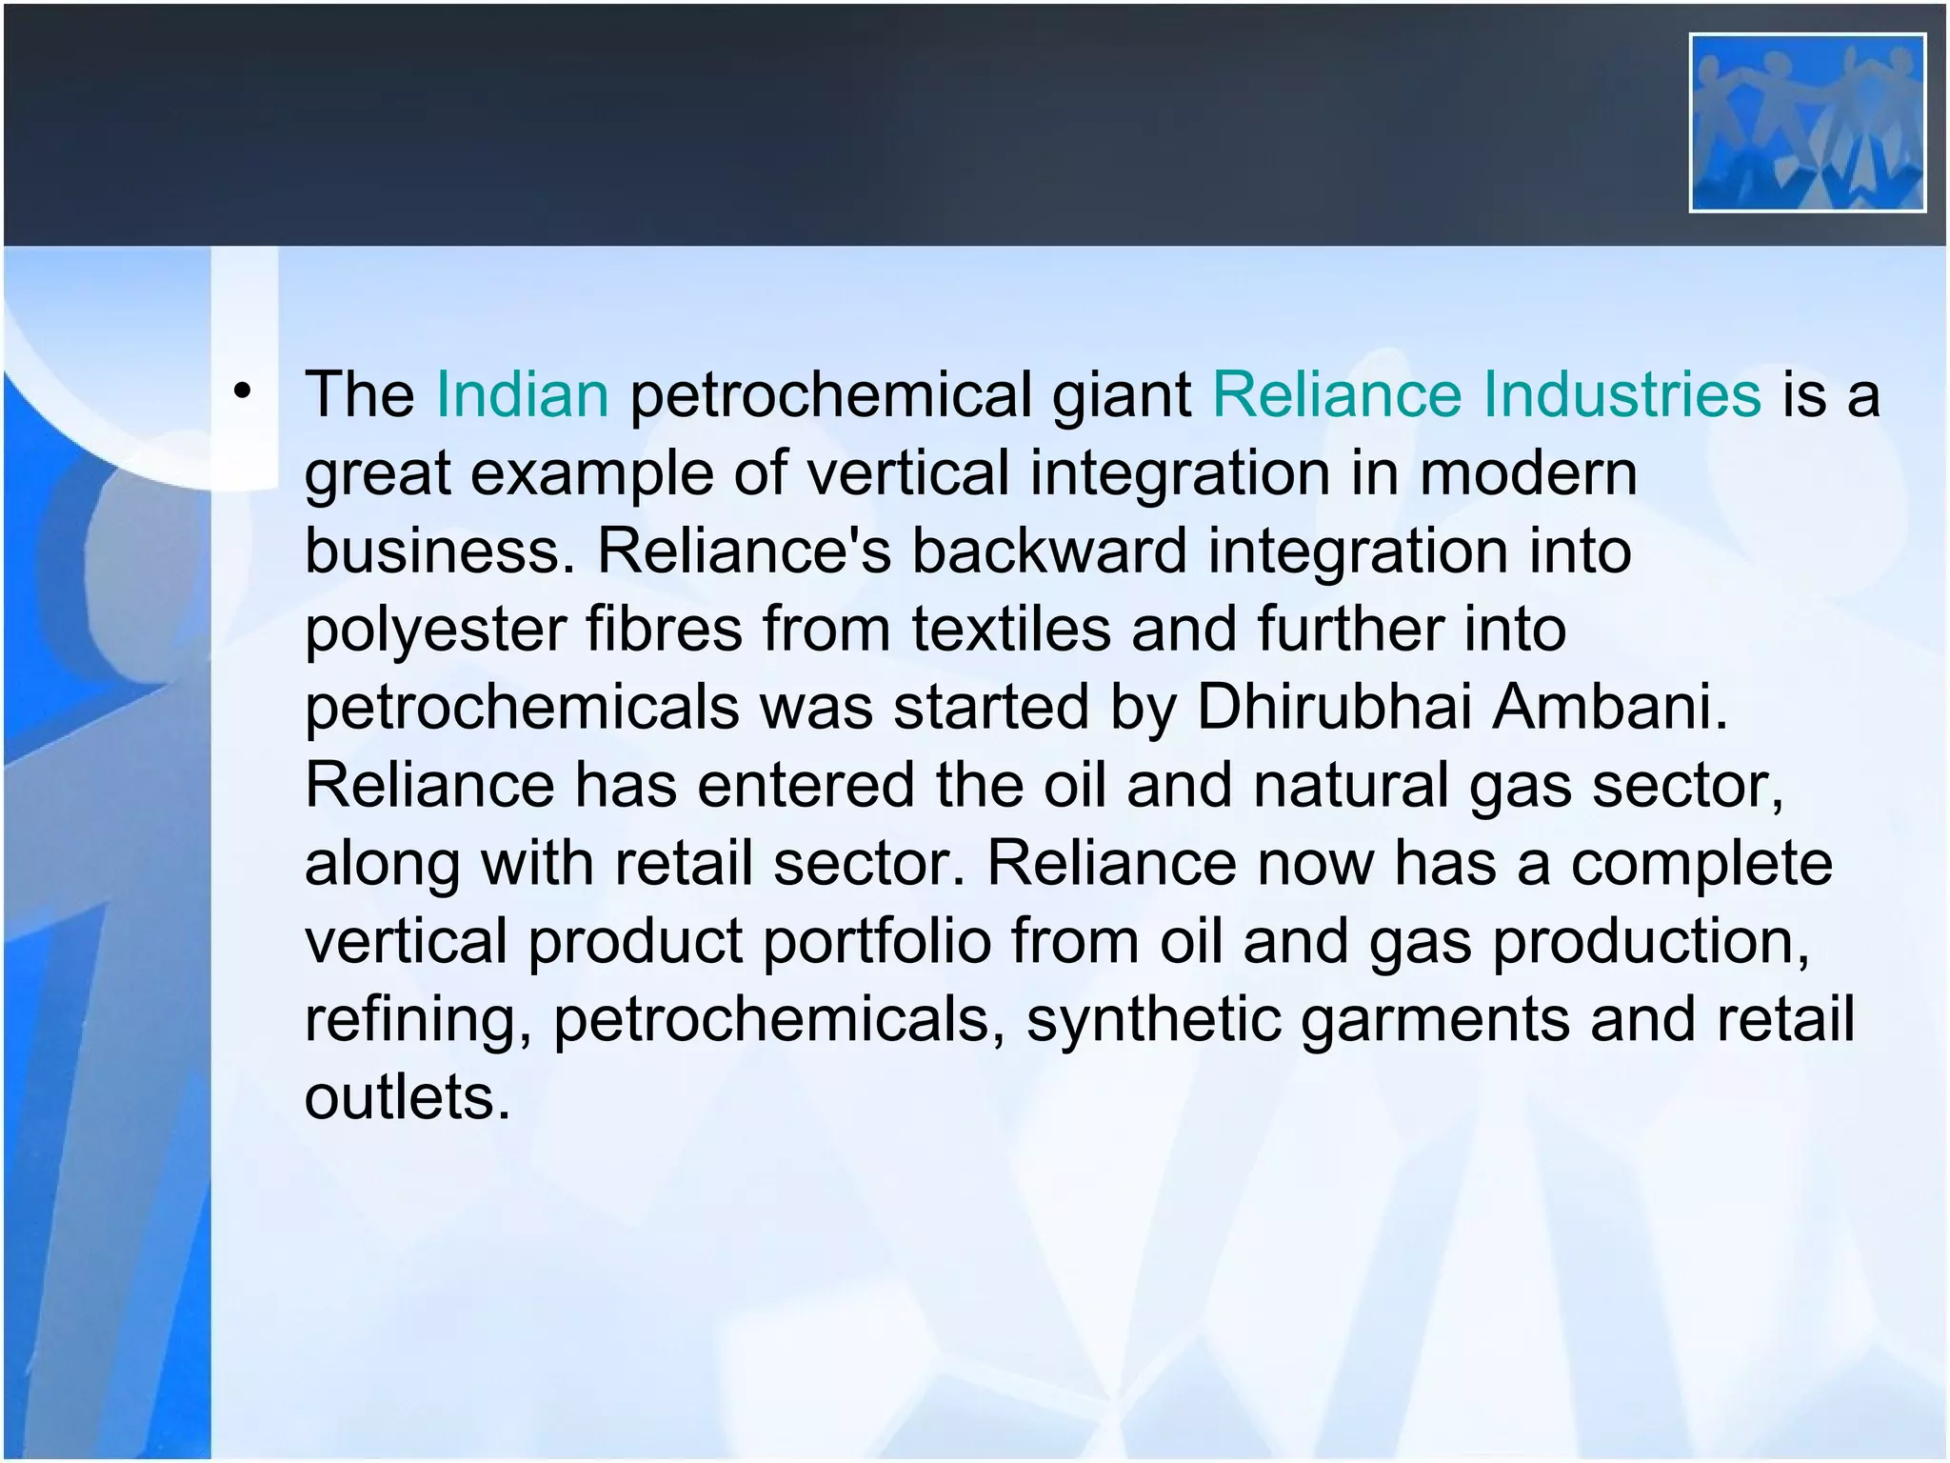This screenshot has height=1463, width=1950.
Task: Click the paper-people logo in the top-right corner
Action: tap(1807, 123)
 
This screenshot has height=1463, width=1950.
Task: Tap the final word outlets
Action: tap(408, 1097)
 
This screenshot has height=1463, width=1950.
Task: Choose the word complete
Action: tap(1701, 865)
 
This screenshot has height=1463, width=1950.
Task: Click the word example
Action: tap(591, 474)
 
